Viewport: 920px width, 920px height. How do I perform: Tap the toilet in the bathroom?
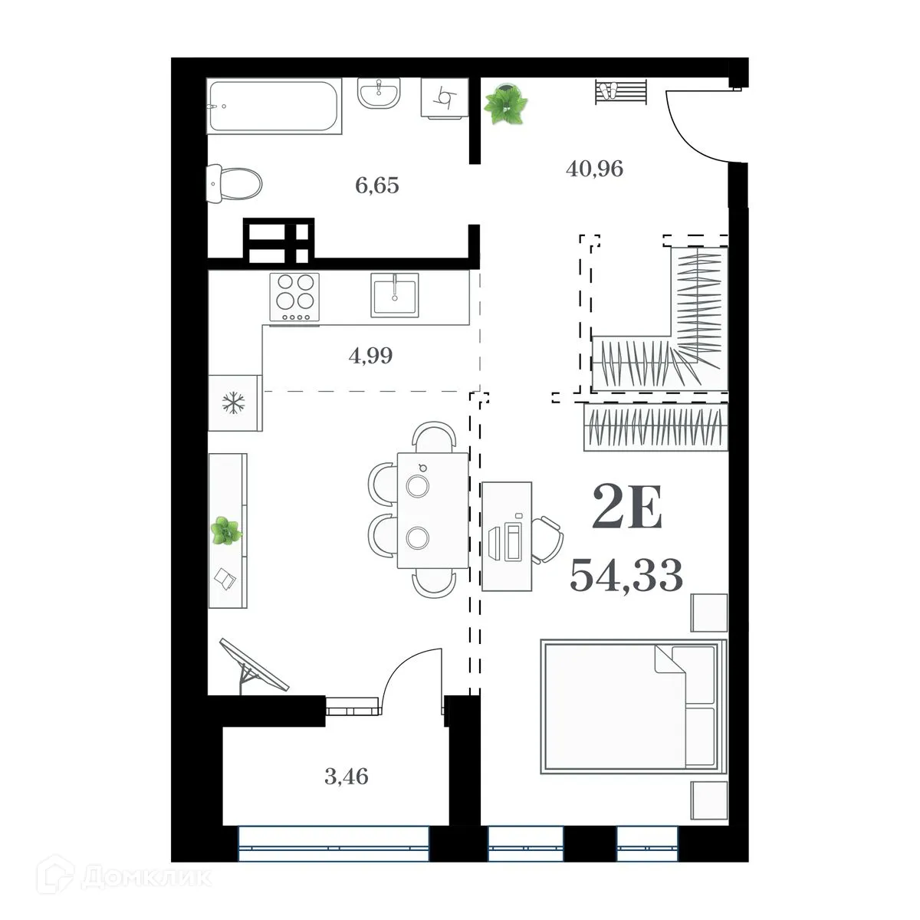(235, 183)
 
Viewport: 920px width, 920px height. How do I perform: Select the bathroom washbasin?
(378, 94)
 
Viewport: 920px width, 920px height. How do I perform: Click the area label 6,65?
(376, 186)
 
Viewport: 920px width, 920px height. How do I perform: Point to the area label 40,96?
(594, 168)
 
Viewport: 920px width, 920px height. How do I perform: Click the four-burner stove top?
(294, 297)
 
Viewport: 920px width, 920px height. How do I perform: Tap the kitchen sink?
(394, 294)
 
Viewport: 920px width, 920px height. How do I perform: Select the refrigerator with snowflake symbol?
(233, 402)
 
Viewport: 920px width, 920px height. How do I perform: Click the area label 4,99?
(370, 356)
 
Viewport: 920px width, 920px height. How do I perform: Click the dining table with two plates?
(432, 510)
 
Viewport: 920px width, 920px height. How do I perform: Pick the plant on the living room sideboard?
(226, 531)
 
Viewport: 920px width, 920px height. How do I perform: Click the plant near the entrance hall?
(506, 104)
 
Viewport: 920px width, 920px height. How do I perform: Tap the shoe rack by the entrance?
(620, 92)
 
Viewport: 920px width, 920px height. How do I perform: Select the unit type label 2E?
(626, 510)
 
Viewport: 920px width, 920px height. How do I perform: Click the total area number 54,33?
(626, 575)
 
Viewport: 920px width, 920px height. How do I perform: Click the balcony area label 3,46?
(346, 777)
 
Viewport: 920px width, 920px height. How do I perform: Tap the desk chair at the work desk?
(547, 540)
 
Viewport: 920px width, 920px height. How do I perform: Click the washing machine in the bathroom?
(444, 97)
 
